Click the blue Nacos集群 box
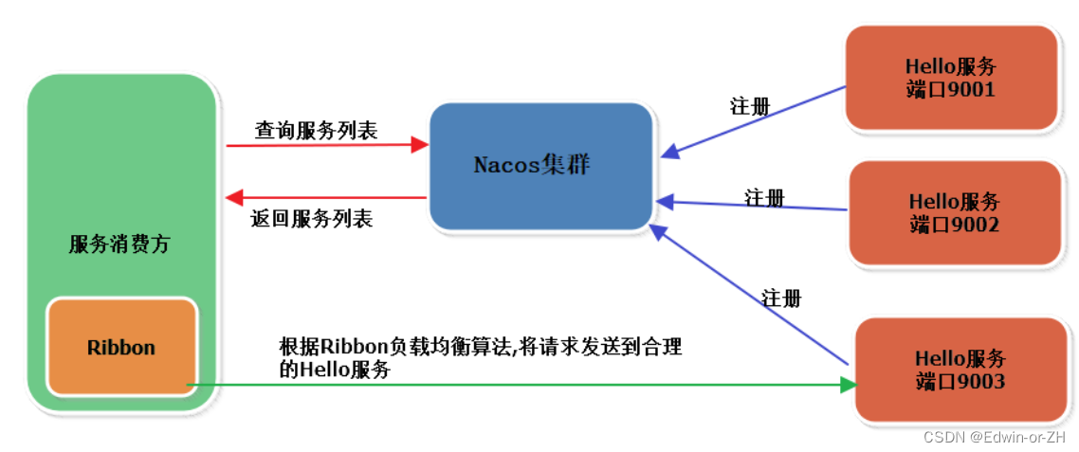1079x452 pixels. point(540,166)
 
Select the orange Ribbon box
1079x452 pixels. point(121,347)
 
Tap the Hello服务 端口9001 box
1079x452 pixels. point(951,78)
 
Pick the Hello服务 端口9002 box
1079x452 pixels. point(954,212)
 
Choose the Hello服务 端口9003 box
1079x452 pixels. point(960,370)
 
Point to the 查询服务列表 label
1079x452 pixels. point(316,131)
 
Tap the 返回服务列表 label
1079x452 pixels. point(312,219)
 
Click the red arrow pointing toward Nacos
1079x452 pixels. point(327,146)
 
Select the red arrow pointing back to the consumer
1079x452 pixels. point(327,197)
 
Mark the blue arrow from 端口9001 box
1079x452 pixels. point(754,119)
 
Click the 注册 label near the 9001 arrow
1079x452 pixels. point(750,105)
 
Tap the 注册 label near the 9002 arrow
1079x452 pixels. point(764,198)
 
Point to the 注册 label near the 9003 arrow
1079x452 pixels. point(781,298)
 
